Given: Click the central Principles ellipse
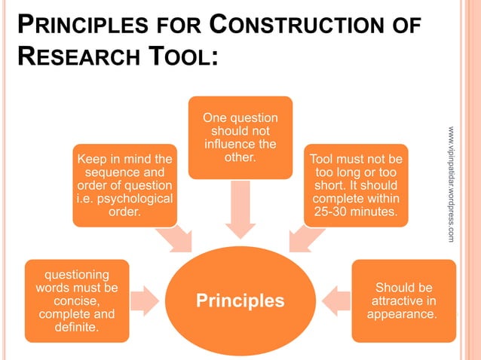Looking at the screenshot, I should click(240, 301).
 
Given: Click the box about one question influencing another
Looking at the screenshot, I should click(240, 137).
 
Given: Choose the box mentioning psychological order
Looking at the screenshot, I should click(124, 185).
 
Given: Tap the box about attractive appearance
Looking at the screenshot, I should click(403, 301).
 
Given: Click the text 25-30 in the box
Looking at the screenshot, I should click(334, 212).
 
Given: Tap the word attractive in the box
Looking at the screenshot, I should click(403, 301).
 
